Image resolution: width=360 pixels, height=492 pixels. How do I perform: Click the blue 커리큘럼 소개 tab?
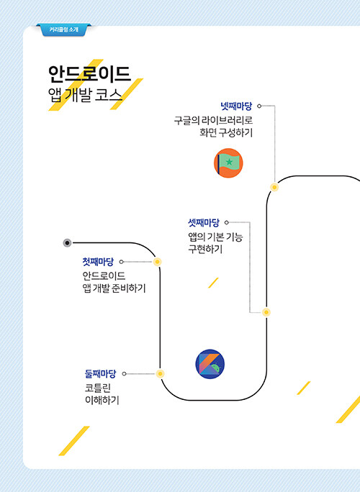coord(64,29)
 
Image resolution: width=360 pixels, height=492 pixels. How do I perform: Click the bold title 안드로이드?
coord(89,74)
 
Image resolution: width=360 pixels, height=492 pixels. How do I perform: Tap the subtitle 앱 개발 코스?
coord(85,95)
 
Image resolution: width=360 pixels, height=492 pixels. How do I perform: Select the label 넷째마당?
coord(236,106)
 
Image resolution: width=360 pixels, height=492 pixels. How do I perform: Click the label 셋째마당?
coord(204,223)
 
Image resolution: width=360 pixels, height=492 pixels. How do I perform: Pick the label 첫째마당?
coord(98,262)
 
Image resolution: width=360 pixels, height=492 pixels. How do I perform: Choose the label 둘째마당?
coord(101,374)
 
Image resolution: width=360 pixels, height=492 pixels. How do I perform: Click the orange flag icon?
coord(228,163)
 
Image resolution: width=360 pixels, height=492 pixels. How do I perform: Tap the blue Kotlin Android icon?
coord(210,364)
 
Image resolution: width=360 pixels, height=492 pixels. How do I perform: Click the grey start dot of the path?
coord(67,243)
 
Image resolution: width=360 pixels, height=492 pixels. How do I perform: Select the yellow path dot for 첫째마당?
coord(158,262)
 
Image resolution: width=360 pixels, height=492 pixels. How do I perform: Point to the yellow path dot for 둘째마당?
coord(161,374)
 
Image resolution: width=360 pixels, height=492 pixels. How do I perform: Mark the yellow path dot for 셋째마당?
coord(266,312)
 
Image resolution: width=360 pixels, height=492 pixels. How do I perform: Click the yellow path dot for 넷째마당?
coord(274,187)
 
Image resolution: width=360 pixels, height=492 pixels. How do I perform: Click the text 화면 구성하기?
coord(226,132)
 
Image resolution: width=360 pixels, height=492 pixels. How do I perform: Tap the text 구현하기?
coord(205,249)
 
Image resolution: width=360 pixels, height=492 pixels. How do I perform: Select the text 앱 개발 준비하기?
coord(114,288)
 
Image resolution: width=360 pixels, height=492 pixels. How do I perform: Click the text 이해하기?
coord(102,400)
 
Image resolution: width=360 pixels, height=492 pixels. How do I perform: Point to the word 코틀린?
coord(98,388)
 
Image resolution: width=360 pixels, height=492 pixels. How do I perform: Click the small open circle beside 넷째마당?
coord(259,106)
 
